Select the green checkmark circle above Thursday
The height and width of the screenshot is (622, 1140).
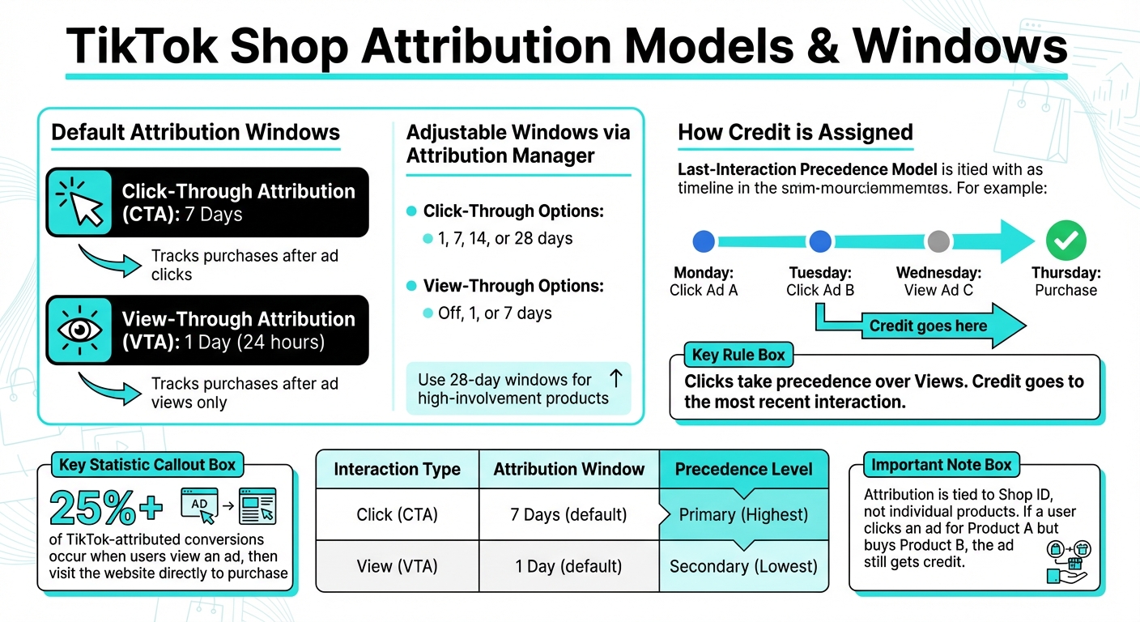(x=1066, y=241)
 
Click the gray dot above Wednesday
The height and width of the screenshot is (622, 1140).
(x=938, y=241)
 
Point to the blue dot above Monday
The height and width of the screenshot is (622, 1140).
(x=704, y=241)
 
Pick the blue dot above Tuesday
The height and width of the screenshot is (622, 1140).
(x=820, y=241)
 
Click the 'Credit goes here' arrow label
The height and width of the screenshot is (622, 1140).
(x=928, y=326)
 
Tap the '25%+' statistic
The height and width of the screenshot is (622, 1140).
(x=106, y=508)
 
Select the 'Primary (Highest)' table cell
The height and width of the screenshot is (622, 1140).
(x=743, y=515)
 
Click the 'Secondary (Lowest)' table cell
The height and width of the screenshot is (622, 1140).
(x=743, y=566)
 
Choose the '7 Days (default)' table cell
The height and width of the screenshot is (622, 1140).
(x=569, y=515)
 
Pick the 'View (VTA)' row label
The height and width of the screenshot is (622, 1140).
(x=397, y=566)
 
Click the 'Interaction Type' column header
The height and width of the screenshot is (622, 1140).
(x=397, y=469)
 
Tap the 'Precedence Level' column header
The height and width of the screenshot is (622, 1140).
(x=743, y=469)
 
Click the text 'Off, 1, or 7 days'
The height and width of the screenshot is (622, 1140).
(x=495, y=313)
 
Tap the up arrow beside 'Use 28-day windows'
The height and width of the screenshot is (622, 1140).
(x=615, y=378)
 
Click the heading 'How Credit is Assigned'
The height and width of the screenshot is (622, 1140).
(x=795, y=133)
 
